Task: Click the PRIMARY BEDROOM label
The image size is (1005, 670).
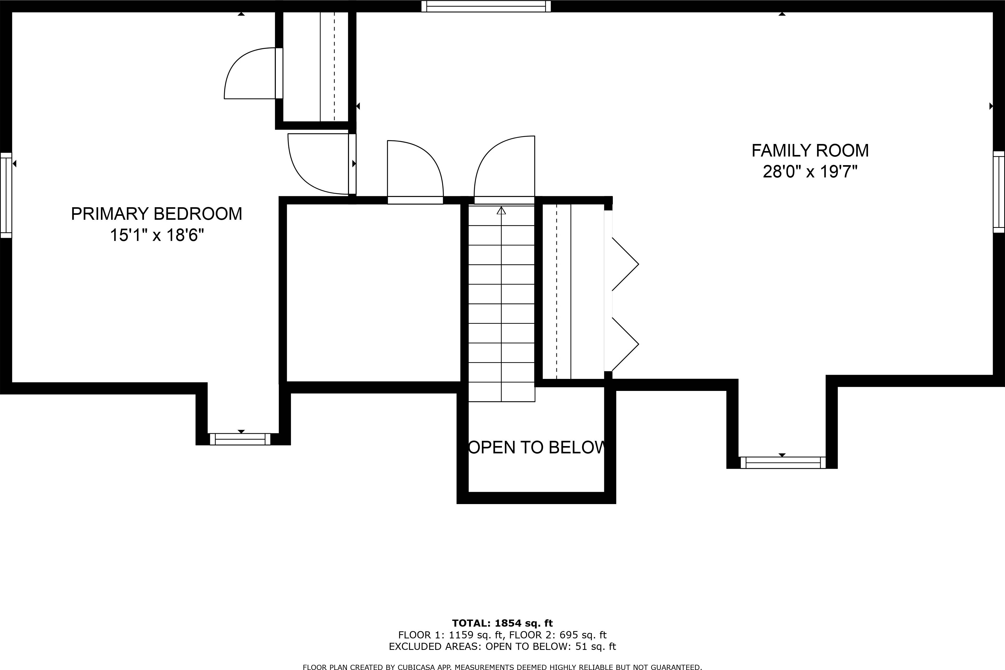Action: (x=156, y=214)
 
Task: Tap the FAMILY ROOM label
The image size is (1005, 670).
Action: (x=810, y=151)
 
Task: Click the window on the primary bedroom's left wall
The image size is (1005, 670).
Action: (x=6, y=195)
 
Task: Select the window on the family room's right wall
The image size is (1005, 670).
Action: (x=998, y=192)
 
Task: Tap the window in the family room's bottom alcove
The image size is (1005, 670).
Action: (x=783, y=463)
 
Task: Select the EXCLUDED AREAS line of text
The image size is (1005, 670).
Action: (x=502, y=646)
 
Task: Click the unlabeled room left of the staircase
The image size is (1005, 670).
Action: (x=373, y=293)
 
